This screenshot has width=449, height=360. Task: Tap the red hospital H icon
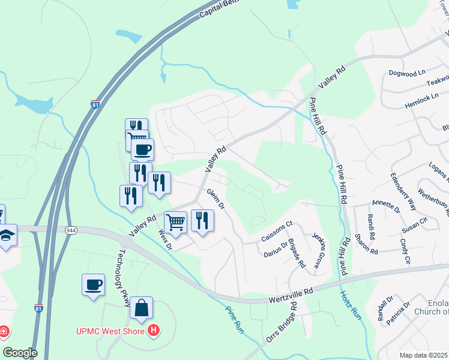[154, 330]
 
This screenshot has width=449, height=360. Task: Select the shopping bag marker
[141, 308]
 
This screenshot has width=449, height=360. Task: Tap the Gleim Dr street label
[215, 199]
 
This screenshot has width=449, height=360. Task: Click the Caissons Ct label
[277, 232]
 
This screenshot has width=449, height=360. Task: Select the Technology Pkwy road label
[125, 278]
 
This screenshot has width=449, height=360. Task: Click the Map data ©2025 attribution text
[424, 355]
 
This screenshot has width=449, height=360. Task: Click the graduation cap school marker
[5, 235]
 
